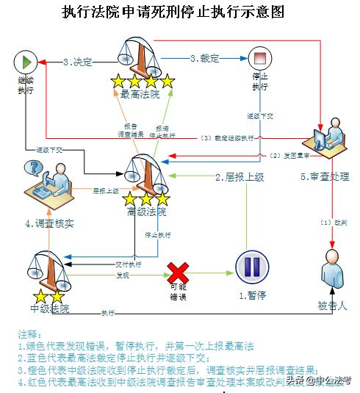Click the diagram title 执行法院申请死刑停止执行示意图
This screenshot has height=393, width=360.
coord(173,12)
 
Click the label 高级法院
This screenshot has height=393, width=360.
coord(145,212)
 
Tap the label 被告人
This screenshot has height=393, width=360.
coord(333,305)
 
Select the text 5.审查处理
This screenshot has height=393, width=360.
coord(324,177)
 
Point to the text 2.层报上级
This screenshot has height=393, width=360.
coord(240,177)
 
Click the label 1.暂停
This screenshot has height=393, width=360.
coord(252,295)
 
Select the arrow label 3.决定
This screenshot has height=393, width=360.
coord(78,62)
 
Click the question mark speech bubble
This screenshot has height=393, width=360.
coord(32,168)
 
